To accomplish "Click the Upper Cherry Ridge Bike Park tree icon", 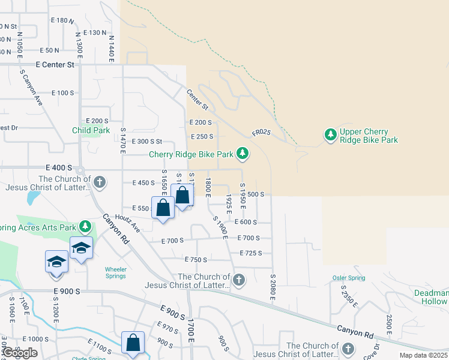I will click(330, 136).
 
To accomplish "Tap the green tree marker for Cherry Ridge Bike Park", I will click(243, 154).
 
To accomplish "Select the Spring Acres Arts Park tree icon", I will click(85, 226).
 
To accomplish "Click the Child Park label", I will click(91, 130).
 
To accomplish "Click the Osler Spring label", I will click(349, 278).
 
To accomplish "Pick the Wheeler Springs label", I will click(115, 272).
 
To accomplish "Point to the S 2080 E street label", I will click(272, 289).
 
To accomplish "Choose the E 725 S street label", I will click(250, 253).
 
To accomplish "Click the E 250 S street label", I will click(202, 137).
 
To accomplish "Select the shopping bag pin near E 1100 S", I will click(133, 343).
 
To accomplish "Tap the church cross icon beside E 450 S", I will click(100, 181).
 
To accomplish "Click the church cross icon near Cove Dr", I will click(348, 349).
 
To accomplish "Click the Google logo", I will click(20, 353).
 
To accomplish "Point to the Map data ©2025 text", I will click(423, 355).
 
